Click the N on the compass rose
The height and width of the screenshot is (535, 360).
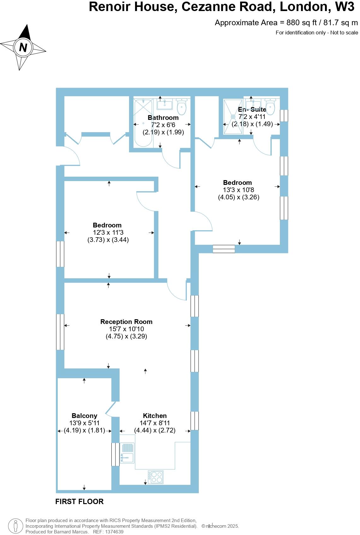23,48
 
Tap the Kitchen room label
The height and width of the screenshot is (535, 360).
155,416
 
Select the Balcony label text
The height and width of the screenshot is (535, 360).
84,416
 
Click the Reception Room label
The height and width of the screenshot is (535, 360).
126,322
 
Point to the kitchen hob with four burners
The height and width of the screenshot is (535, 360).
156,477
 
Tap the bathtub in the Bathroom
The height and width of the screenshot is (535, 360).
143,123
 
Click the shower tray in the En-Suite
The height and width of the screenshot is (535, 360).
233,117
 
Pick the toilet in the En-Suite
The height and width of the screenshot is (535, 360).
270,106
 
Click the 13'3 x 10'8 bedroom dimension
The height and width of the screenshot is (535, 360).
239,190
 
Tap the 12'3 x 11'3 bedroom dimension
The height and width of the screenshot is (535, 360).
108,232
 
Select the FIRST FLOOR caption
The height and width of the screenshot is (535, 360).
80,502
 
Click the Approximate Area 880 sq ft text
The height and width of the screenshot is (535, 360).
286,23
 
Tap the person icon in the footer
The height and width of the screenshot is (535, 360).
15,526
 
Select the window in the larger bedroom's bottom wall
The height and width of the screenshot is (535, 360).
224,249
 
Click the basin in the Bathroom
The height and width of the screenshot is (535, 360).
164,104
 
